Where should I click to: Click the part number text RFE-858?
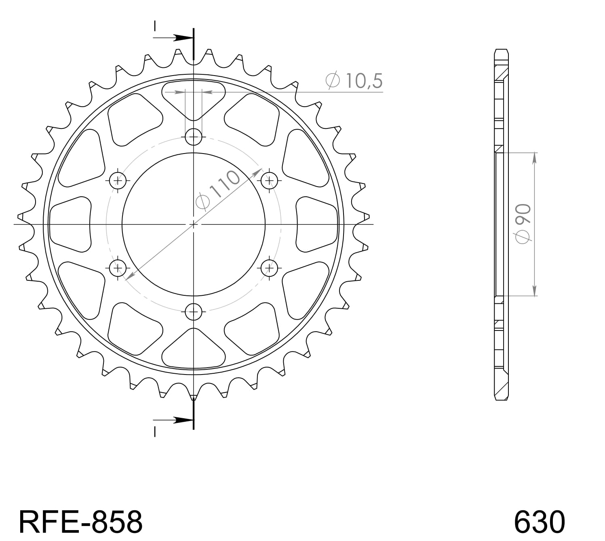pos(80,522)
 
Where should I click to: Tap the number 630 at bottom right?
pos(539,522)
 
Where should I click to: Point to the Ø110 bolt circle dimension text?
pos(218,190)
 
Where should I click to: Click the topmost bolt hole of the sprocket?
pos(194,137)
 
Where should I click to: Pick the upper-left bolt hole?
pos(118,180)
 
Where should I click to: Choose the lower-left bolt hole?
pos(118,267)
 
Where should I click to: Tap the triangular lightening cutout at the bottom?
pos(194,349)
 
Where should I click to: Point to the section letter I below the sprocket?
pos(155,432)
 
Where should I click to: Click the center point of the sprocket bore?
pos(194,224)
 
